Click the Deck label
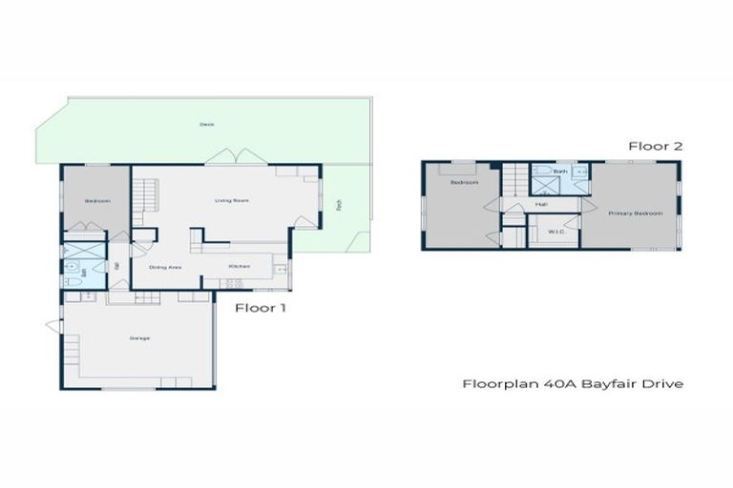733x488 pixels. pos(206,125)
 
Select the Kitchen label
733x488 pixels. pos(239,266)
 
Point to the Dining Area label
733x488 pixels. pos(166,267)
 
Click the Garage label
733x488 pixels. pos(140,338)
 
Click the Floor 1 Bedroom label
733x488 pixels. pos(97,201)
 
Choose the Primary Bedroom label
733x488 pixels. pos(636,213)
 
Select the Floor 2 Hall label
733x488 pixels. pos(541,204)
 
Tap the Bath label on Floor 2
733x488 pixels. pos(559,172)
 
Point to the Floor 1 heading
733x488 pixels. pos(261,308)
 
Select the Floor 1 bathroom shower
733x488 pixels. pos(74,255)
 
